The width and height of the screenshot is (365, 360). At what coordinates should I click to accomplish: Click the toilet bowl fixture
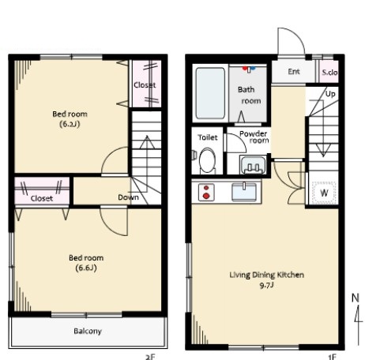tap(207, 160)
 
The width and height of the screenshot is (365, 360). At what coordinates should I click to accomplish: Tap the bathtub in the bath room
tap(210, 93)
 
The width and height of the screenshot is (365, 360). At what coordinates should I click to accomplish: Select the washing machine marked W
tap(324, 193)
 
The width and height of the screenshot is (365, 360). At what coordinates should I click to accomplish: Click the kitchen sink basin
tap(244, 192)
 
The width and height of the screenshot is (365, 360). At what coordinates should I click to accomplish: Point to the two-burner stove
tap(206, 192)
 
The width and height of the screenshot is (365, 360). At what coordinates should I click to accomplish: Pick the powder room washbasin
tap(253, 165)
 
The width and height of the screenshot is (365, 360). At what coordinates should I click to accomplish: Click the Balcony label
tap(88, 331)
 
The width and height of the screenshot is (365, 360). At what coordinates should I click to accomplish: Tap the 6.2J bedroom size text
tap(70, 124)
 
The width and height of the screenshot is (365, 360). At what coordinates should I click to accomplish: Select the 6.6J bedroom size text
tap(86, 268)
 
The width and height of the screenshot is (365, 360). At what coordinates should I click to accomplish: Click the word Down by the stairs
tap(128, 197)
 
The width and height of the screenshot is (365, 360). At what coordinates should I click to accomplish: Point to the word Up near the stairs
tap(330, 94)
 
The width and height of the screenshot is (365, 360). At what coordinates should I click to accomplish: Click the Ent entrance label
tap(294, 71)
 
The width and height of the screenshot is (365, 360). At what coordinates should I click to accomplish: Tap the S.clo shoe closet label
tap(329, 72)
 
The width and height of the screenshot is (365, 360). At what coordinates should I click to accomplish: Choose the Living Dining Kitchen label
tap(267, 275)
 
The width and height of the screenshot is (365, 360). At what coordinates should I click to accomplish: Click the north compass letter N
tap(356, 298)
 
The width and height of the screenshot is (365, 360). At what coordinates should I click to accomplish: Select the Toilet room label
tap(208, 137)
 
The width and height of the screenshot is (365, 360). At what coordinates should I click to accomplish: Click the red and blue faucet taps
tap(249, 69)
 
